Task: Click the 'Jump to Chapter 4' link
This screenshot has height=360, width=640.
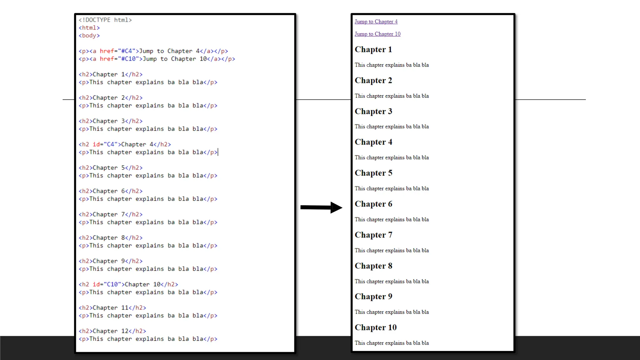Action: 376,22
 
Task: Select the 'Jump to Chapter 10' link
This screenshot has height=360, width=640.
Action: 377,34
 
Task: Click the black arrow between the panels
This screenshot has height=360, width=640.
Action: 321,207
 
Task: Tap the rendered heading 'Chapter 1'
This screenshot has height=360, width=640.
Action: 373,49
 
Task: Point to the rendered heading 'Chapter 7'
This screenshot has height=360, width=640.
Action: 373,235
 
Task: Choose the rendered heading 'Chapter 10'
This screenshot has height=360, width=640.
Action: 376,327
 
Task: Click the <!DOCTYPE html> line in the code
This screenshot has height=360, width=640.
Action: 105,20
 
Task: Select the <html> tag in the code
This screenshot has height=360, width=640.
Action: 89,28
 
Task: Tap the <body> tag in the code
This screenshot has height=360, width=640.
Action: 89,36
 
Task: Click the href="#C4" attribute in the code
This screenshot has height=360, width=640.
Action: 117,51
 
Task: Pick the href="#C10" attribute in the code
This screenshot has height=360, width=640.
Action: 119,59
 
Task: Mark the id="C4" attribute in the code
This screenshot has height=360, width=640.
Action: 105,144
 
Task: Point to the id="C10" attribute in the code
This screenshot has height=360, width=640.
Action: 107,284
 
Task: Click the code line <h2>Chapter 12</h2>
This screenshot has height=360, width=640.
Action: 112,331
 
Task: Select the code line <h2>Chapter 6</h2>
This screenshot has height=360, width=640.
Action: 110,191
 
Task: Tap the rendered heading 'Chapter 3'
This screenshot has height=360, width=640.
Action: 373,111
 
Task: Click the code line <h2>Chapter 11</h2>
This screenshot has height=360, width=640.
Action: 112,308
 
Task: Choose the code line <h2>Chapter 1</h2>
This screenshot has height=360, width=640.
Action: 110,74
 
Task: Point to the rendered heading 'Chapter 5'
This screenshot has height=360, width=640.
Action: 373,173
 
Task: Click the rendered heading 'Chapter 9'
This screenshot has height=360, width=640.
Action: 373,297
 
